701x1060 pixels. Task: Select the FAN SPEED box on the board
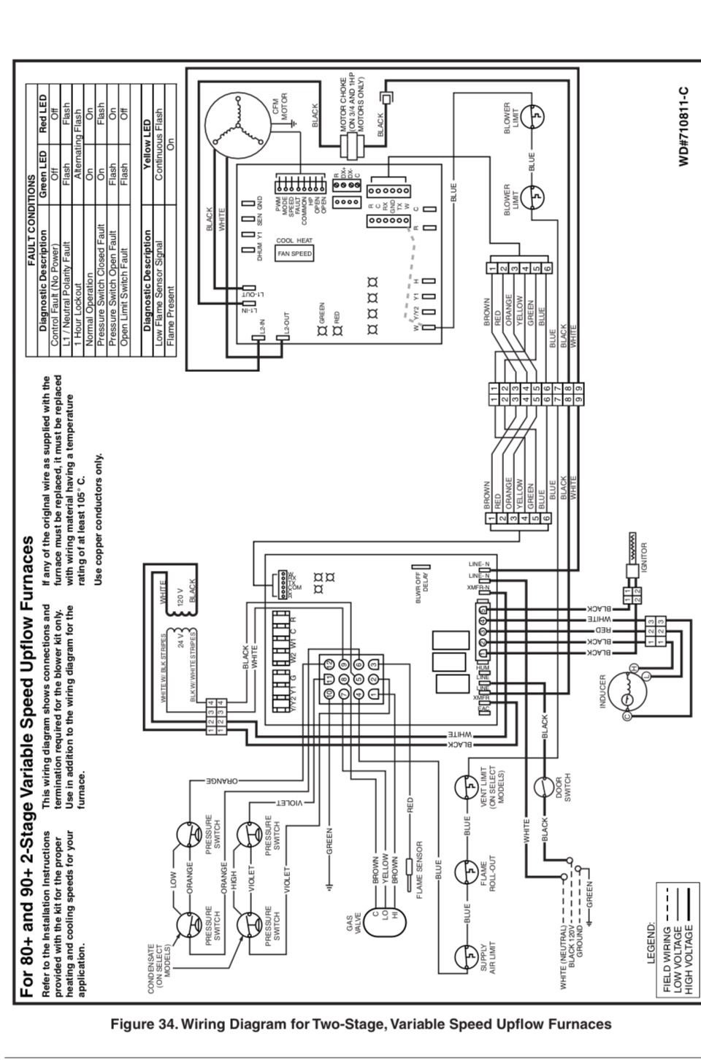[294, 253]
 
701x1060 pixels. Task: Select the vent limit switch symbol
[466, 787]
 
